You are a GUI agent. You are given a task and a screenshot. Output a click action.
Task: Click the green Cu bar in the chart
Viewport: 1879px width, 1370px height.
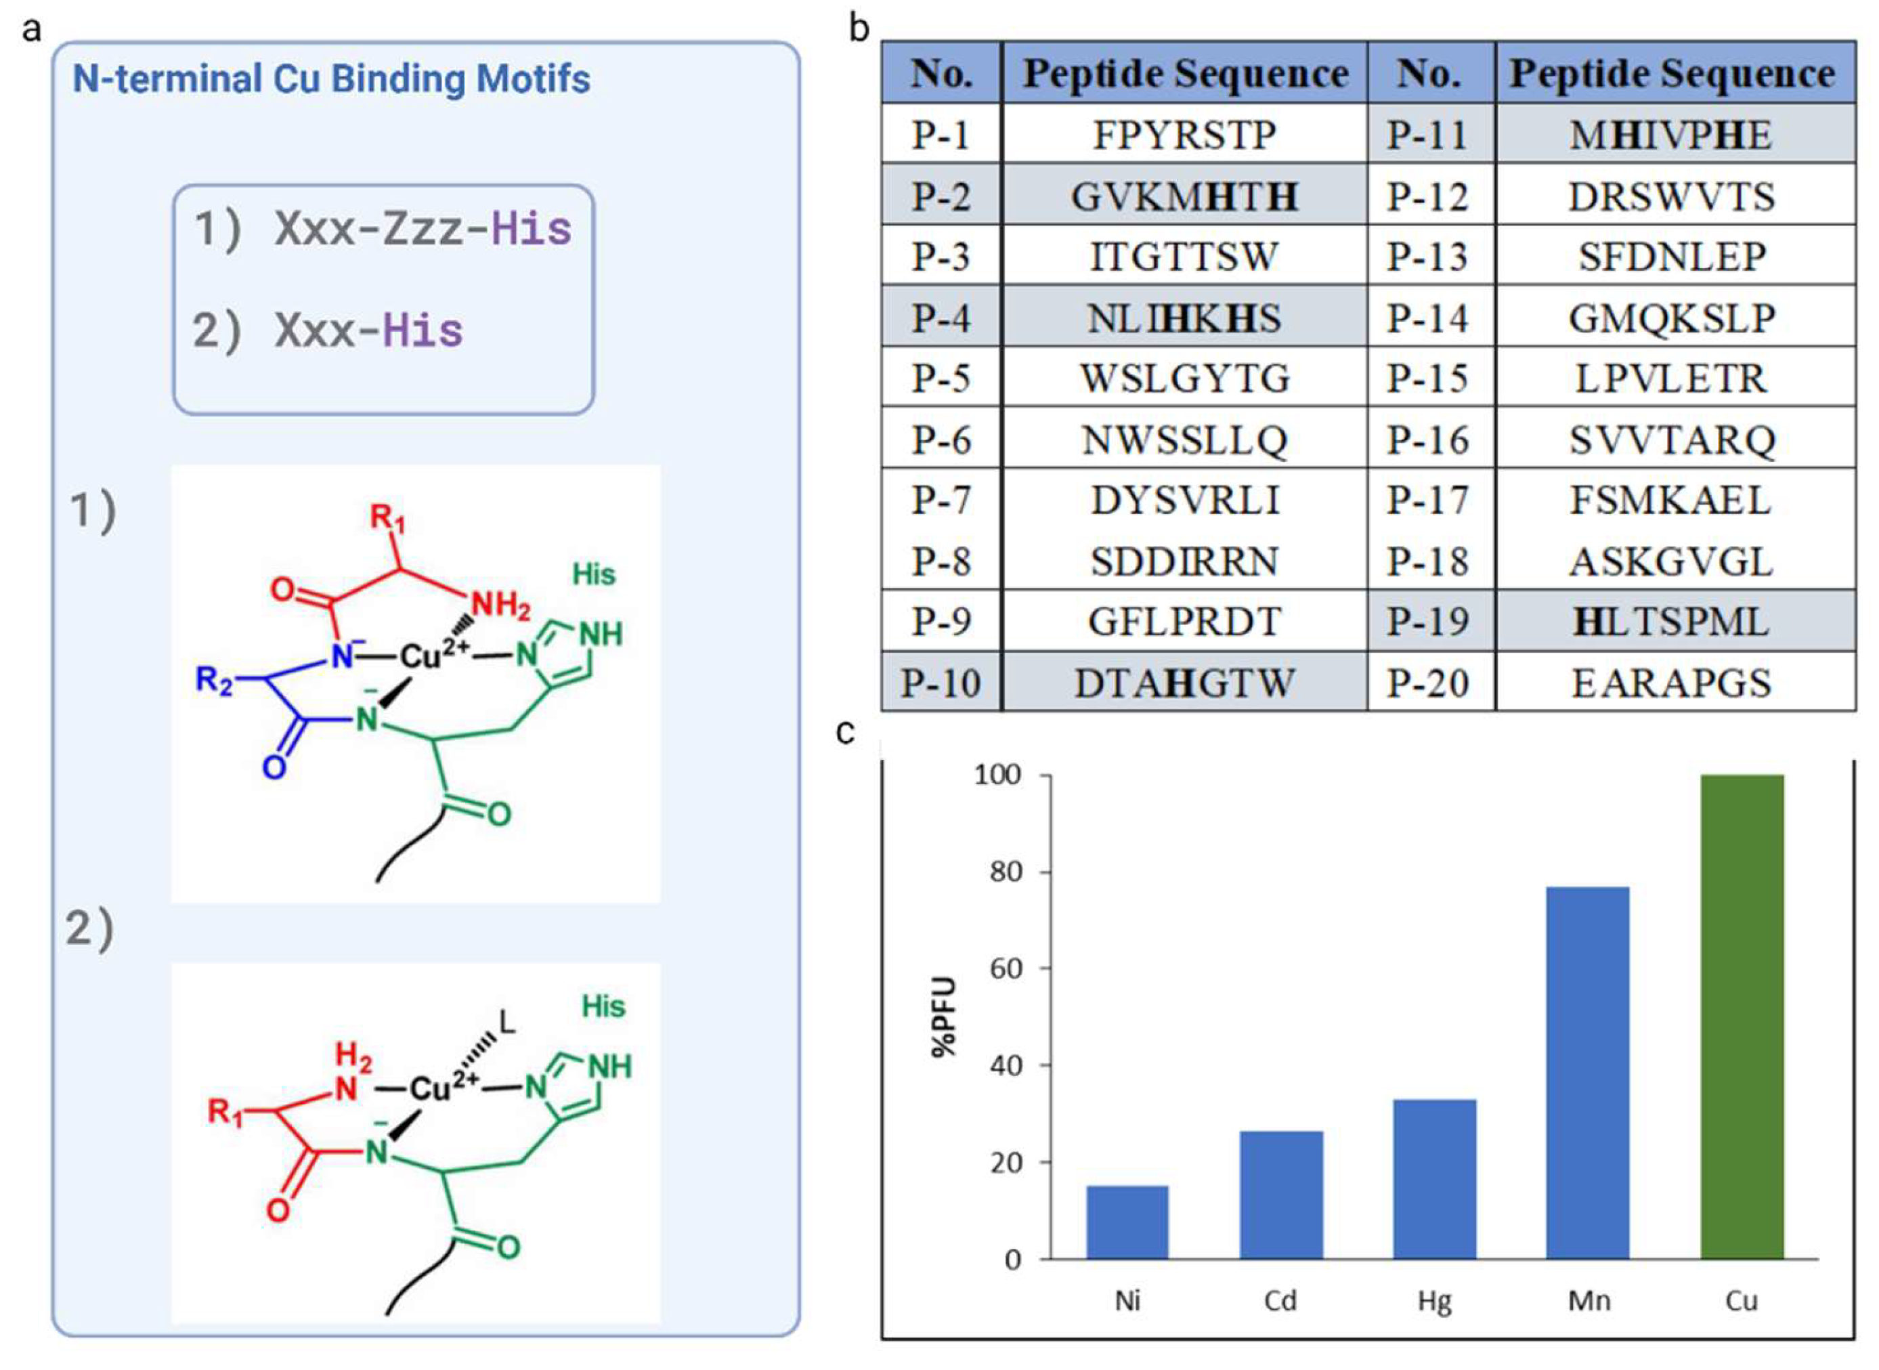(1742, 1016)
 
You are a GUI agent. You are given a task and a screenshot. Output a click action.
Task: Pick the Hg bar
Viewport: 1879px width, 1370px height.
(1435, 1178)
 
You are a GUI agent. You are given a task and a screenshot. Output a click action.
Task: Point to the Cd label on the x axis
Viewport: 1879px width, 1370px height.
(1280, 1300)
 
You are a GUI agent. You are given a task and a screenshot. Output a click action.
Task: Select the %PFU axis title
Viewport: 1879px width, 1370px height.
(945, 1018)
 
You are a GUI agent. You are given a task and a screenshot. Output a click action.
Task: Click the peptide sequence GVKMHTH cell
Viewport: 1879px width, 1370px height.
(1184, 196)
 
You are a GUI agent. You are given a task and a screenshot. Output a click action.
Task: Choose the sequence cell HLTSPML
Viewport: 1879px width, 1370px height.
(1671, 622)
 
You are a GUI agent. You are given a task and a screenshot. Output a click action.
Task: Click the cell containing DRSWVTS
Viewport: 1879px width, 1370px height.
(1671, 196)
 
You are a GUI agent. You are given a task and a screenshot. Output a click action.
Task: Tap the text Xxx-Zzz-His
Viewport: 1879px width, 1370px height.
(423, 229)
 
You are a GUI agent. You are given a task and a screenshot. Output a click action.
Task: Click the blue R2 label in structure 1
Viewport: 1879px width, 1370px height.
(213, 680)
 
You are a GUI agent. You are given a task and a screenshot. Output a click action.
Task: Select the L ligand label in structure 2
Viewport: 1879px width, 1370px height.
(506, 1022)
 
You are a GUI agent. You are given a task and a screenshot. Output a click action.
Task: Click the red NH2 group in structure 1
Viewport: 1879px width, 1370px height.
(500, 606)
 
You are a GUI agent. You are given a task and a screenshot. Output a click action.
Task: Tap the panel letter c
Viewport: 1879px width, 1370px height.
(845, 731)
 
